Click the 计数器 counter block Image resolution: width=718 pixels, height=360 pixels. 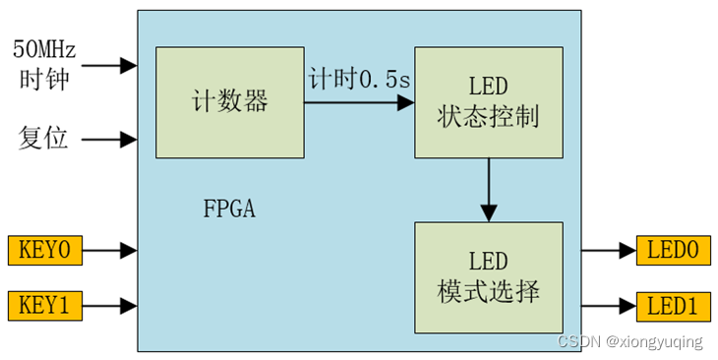tap(229, 101)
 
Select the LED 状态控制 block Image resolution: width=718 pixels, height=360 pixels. tap(488, 101)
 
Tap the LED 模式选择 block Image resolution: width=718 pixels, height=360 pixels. tap(488, 276)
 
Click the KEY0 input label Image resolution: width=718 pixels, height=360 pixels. tap(44, 251)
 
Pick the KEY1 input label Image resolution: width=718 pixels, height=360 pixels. tap(44, 306)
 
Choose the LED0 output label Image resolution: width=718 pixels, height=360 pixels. tap(673, 251)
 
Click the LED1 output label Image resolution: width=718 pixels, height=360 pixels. tap(673, 306)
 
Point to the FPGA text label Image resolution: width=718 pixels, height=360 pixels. tap(229, 209)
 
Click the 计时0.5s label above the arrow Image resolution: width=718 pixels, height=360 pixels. tap(358, 80)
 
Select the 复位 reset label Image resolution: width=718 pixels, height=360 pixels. tap(43, 139)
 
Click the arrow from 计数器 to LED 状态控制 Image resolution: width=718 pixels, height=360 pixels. tap(358, 101)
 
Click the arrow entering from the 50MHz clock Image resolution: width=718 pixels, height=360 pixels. tap(109, 66)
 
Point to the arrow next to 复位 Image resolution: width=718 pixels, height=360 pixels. tap(109, 140)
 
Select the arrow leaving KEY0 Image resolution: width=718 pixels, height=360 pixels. tap(109, 251)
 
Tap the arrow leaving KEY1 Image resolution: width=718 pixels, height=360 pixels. tap(109, 306)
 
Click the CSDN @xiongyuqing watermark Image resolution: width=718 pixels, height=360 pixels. tap(629, 342)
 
